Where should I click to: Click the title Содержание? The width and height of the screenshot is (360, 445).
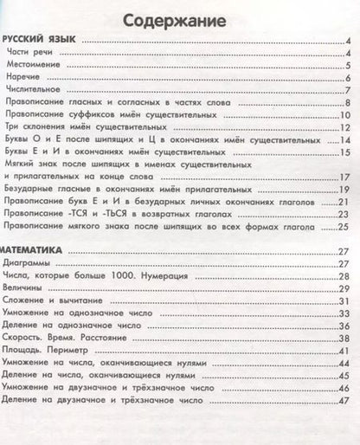(x=181, y=19)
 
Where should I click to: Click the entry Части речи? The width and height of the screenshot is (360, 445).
(x=28, y=54)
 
